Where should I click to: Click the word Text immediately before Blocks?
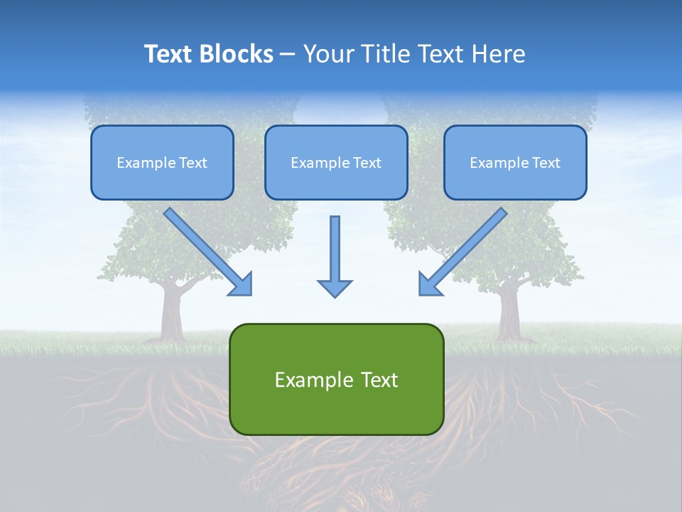point(171,54)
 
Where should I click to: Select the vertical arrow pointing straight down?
point(335,249)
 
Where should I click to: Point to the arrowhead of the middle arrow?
point(335,288)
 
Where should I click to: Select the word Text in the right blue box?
point(545,163)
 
